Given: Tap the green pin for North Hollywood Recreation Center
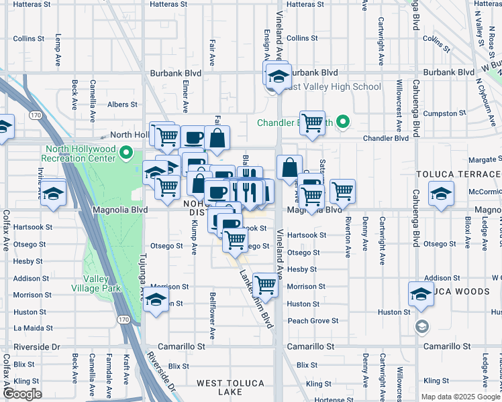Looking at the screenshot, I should (x=125, y=154).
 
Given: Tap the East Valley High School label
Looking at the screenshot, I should (x=331, y=86).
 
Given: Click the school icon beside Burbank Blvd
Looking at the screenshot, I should (x=278, y=76).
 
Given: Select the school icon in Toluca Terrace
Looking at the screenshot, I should (x=441, y=194).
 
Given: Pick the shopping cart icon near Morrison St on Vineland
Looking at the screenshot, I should (x=266, y=284).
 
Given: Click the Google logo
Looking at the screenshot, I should (x=22, y=393).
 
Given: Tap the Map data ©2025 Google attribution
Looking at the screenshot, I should (x=460, y=397).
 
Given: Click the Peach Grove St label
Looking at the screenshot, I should (x=313, y=321).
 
